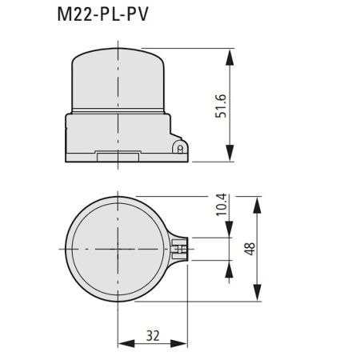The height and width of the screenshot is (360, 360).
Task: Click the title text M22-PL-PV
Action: tap(102, 14)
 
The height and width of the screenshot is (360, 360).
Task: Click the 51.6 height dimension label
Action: tap(221, 106)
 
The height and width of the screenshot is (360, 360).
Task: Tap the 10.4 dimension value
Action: tap(221, 205)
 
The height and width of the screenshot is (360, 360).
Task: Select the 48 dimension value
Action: tap(250, 249)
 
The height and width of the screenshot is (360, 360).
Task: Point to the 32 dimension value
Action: tap(153, 336)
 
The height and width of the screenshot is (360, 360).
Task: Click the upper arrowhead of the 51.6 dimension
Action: tap(230, 57)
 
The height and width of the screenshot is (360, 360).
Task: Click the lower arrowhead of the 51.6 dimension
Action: tap(230, 153)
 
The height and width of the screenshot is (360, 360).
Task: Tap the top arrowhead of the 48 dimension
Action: tap(257, 205)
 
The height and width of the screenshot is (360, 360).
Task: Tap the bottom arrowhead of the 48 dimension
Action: tap(257, 293)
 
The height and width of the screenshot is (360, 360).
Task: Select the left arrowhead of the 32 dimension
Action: tap(126, 343)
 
